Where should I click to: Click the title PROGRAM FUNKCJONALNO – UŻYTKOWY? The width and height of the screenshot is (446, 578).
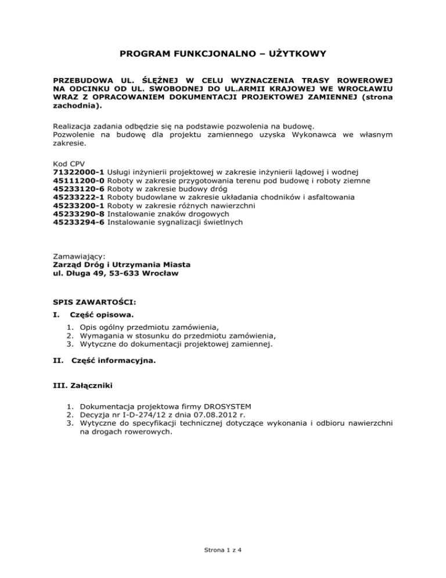223,54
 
